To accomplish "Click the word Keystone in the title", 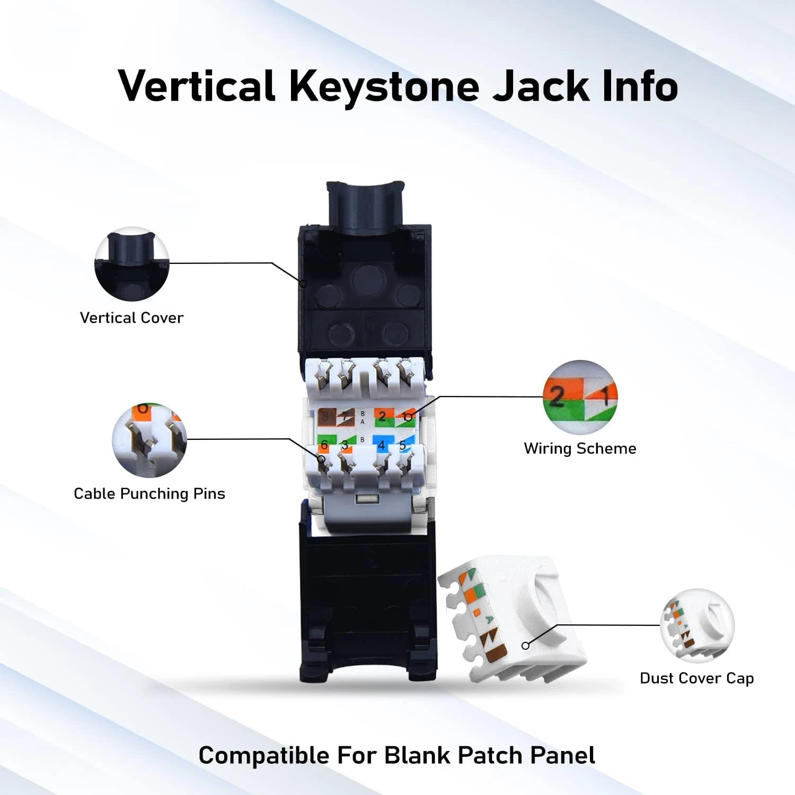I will point(384,86).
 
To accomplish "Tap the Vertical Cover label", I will point(131,317).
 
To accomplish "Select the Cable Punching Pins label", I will point(149,493).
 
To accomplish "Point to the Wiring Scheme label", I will point(580,448).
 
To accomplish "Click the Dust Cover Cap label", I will point(696,678).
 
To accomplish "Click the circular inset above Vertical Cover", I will point(131,264).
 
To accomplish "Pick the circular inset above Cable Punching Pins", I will point(149,440).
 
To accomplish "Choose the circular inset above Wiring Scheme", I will point(580,397).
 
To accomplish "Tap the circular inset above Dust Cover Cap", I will point(697,625).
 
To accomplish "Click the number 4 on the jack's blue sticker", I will point(381,445).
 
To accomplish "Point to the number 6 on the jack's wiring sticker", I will point(324,445).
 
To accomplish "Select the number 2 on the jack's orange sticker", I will point(382,417).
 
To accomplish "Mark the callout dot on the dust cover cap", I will point(525,646).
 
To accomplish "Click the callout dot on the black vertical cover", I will point(304,284).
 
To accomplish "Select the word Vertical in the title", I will point(197,86).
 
